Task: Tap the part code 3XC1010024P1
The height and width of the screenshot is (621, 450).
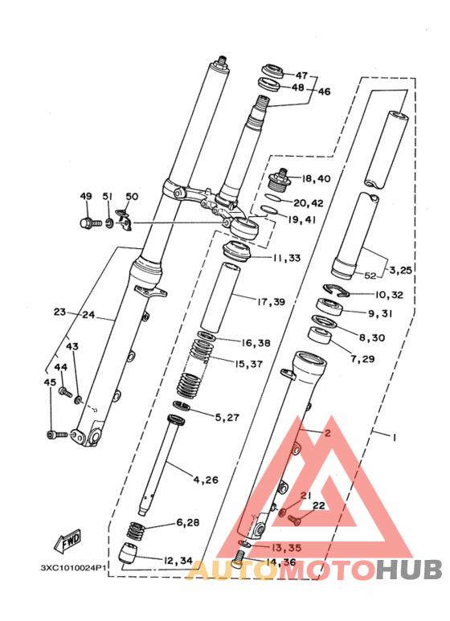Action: point(73,567)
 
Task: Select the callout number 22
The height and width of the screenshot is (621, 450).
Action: point(318,505)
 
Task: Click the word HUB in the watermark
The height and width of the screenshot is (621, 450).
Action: point(410,570)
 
